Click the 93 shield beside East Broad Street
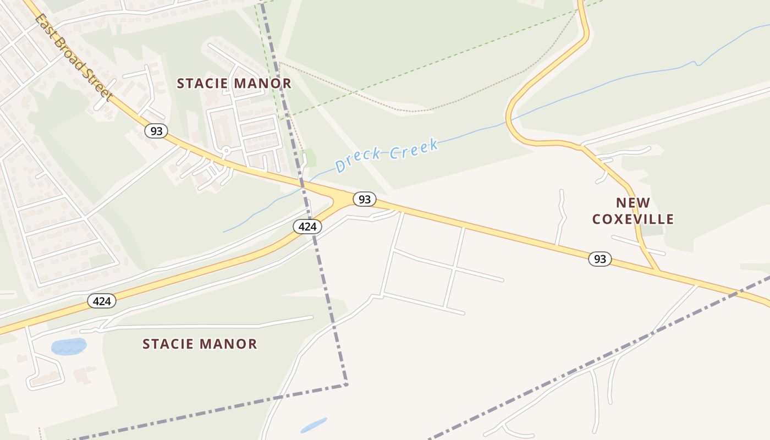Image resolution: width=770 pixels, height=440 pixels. click(156, 131)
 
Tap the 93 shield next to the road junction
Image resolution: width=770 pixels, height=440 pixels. click(364, 199)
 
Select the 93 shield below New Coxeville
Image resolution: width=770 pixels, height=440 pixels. click(600, 258)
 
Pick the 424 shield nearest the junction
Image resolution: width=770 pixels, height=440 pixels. click(307, 226)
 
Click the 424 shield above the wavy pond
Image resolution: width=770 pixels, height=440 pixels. click(102, 301)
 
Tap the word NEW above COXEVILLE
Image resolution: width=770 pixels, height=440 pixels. click(633, 202)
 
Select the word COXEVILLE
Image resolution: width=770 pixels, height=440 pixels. click(633, 219)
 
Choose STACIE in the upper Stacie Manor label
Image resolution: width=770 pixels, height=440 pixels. click(201, 84)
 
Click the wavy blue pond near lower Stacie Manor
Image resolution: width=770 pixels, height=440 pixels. click(69, 346)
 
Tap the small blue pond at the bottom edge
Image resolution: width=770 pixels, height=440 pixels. click(313, 425)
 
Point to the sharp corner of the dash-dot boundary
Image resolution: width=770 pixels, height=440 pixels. click(346, 384)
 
